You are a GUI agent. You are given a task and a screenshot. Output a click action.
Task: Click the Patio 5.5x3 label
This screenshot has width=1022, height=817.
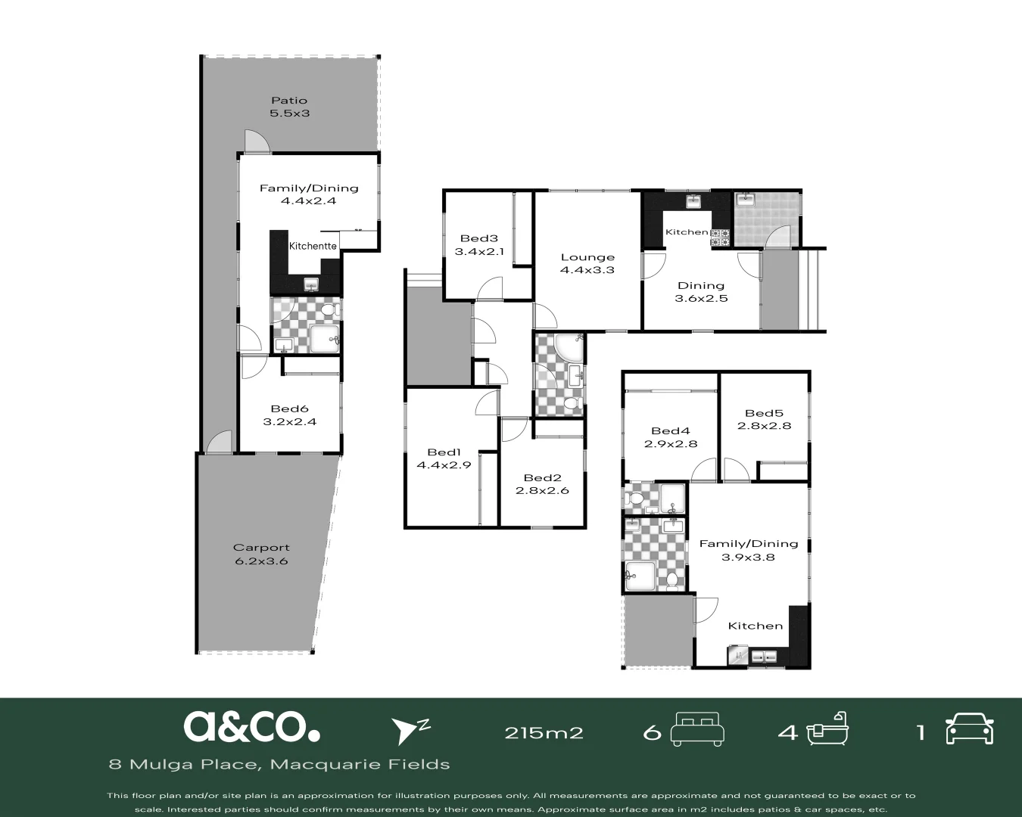click(x=289, y=107)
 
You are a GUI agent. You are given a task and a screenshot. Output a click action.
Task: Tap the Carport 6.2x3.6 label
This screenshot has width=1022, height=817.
click(x=261, y=555)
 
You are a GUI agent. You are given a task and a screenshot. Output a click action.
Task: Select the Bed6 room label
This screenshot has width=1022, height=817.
click(x=289, y=415)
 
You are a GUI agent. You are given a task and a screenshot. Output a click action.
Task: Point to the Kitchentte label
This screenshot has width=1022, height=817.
click(x=313, y=246)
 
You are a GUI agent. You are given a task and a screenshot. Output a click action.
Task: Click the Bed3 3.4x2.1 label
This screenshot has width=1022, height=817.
click(x=479, y=245)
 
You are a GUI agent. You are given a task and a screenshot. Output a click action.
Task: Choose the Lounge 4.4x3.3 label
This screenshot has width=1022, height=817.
click(x=587, y=263)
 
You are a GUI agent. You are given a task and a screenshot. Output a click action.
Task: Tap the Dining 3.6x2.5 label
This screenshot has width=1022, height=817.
click(x=701, y=291)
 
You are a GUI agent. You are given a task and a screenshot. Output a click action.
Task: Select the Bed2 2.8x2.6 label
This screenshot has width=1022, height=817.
click(x=542, y=483)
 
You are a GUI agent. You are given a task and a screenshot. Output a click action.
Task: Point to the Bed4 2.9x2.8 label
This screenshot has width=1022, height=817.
click(x=670, y=437)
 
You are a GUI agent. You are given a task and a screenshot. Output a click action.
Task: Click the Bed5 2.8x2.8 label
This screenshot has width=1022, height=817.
click(x=764, y=419)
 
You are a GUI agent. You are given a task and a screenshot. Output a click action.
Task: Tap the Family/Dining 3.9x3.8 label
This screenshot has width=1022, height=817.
click(x=748, y=550)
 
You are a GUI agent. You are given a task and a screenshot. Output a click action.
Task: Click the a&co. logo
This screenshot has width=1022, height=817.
click(x=251, y=726)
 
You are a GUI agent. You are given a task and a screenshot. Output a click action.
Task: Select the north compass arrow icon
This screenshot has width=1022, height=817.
click(x=409, y=729)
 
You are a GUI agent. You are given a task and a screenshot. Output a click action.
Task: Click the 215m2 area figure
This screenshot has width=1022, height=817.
click(x=544, y=732)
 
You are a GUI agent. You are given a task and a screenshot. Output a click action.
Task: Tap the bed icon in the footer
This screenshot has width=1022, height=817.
click(x=697, y=728)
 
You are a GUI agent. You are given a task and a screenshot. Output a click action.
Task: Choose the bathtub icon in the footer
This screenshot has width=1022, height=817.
click(x=827, y=729)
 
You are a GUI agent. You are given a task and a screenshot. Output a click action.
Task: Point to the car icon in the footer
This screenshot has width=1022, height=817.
click(x=969, y=729)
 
